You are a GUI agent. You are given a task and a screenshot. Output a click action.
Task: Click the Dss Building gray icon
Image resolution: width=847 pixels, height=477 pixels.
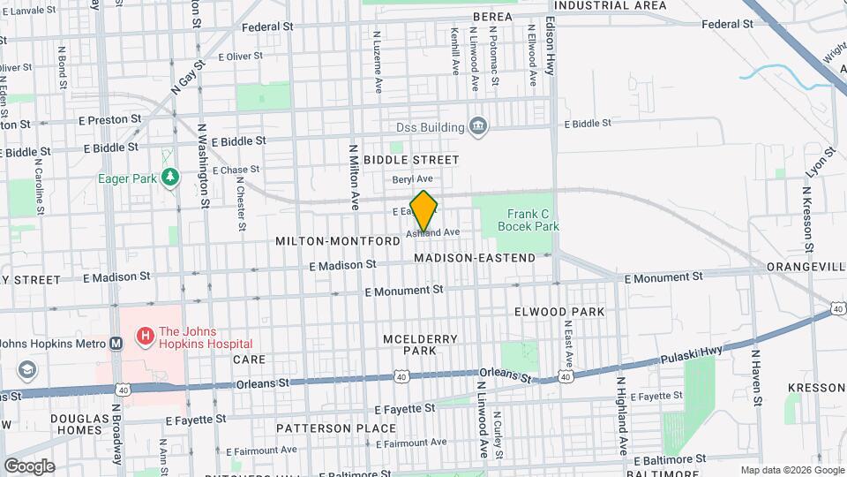coord(477,127)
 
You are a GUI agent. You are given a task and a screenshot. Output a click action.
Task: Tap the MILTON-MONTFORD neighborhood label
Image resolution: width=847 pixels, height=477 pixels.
coord(338,241)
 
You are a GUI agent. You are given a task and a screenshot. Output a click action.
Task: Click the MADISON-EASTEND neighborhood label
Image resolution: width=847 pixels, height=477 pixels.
coord(474,258)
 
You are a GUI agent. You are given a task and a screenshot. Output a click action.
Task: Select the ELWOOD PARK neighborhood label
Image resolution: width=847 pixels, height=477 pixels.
coord(559,312)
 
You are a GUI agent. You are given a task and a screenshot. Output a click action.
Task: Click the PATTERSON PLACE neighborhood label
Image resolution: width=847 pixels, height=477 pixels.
coord(323,428)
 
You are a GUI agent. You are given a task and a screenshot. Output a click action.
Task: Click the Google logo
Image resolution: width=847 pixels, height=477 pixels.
coord(29,466)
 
